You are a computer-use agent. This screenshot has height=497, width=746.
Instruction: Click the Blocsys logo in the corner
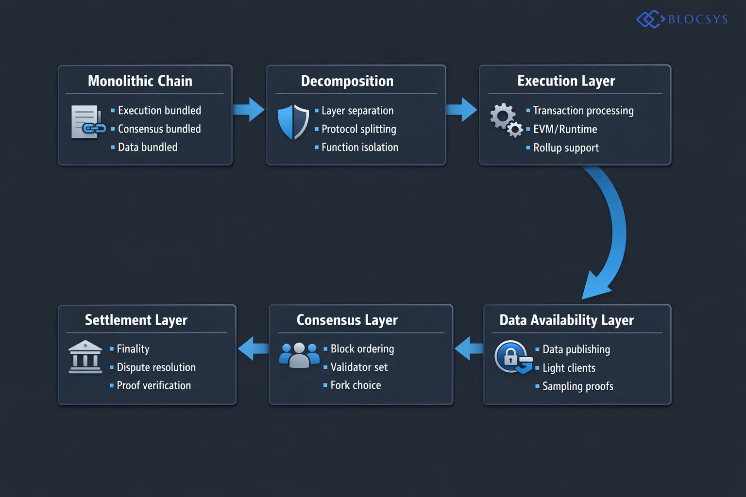682,19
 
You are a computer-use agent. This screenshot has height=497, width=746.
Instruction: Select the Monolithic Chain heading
140,81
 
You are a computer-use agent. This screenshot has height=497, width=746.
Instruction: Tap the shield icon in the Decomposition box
293,122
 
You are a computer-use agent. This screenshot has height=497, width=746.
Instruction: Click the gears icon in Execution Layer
506,120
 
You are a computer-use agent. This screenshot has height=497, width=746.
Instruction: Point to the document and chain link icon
88,122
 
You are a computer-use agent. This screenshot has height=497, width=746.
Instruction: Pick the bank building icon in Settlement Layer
85,357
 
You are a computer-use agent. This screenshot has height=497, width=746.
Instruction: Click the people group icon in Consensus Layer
299,355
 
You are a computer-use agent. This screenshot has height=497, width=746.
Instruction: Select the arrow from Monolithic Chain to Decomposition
249,110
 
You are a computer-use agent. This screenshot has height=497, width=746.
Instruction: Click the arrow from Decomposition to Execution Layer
462,110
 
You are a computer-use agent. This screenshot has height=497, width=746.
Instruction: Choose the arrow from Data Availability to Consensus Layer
469,348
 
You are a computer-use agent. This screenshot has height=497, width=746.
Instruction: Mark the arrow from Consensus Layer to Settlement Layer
253,348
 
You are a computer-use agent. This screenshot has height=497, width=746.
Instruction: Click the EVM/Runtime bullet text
565,129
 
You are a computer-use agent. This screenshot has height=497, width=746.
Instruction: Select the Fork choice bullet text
356,385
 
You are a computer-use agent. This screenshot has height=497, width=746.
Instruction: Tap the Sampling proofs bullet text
577,386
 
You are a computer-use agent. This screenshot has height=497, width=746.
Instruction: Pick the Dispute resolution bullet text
156,367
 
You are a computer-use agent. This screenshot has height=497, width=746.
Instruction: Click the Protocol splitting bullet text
358,129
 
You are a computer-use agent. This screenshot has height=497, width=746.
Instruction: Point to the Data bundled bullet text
147,147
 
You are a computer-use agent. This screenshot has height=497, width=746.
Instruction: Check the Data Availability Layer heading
566,320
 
